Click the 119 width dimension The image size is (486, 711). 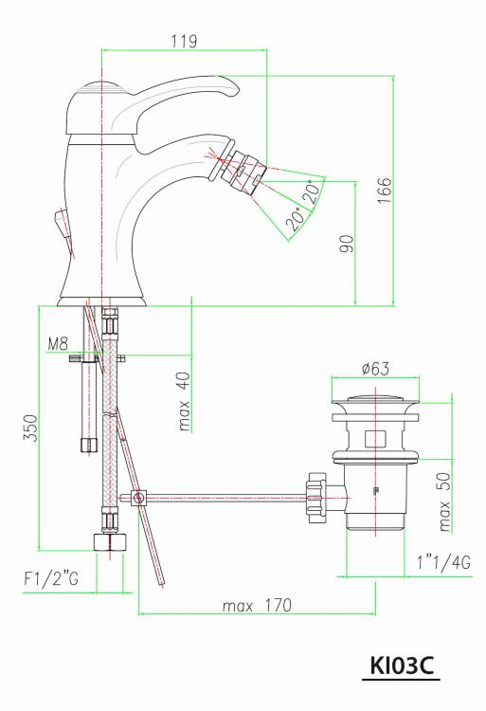click(184, 42)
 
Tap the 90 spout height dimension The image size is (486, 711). click(347, 244)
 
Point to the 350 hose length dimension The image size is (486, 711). click(31, 428)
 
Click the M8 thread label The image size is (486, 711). click(58, 344)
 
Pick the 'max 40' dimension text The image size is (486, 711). click(185, 401)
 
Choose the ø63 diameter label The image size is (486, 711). click(375, 368)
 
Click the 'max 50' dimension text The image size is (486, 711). click(444, 501)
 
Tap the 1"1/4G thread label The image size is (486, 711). click(443, 563)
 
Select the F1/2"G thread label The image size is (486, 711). click(51, 579)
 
